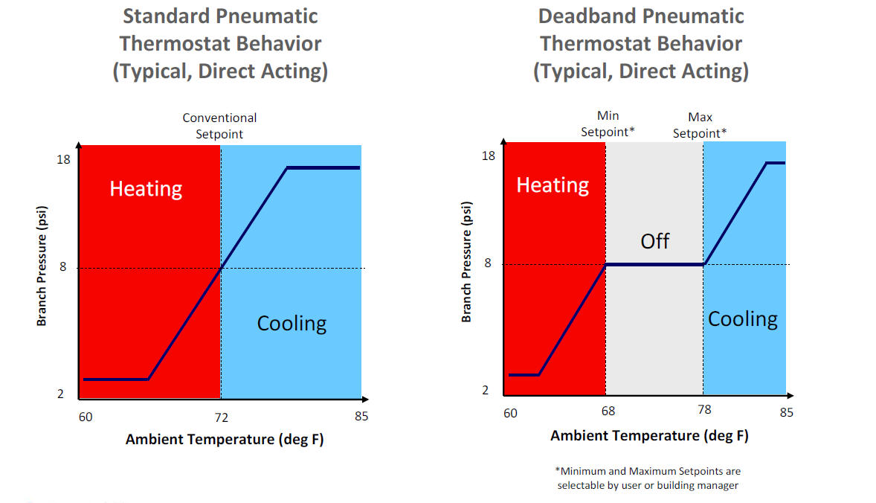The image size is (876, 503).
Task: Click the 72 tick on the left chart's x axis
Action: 221,417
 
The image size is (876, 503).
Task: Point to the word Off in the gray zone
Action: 654,241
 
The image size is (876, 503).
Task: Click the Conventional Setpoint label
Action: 219,126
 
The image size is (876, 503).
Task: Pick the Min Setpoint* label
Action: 608,124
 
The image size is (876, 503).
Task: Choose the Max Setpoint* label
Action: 700,125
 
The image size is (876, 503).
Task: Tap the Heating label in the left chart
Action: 146,189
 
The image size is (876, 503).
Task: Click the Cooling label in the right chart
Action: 742,319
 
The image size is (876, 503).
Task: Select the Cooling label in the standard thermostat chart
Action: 292,324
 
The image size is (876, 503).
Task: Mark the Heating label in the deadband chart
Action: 553,185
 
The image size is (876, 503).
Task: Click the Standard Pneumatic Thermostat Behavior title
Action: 220,44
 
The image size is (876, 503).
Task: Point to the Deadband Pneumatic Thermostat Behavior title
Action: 641,44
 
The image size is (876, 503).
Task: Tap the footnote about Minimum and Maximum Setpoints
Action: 648,478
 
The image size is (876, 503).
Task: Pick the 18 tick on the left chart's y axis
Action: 63,159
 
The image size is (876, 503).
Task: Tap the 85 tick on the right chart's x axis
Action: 787,412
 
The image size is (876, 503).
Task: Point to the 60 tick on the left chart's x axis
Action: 86,417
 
